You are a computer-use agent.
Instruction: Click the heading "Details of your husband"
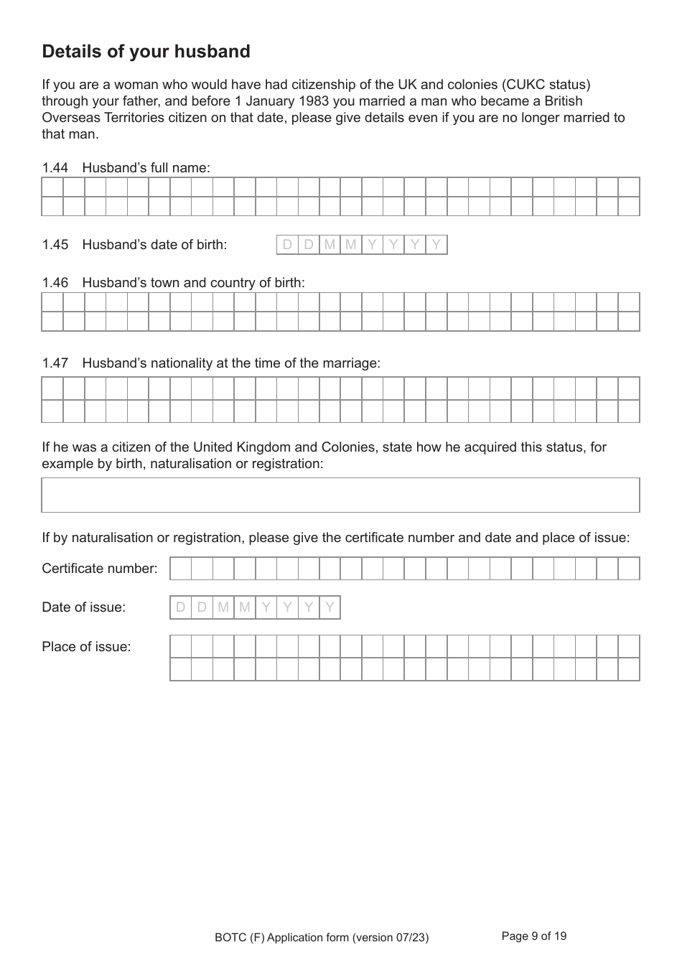[x=146, y=52]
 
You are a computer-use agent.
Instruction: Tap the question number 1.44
[x=55, y=168]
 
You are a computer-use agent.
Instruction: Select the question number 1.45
[x=55, y=245]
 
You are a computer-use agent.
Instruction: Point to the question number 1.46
[x=55, y=283]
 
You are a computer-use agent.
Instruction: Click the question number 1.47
[x=55, y=363]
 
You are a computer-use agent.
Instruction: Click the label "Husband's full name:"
[x=146, y=168]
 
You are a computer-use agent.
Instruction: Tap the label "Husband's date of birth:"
[x=154, y=245]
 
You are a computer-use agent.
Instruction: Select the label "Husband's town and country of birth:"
[x=194, y=283]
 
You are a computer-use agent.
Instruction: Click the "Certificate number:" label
[x=100, y=569]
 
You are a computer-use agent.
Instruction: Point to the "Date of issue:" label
[x=83, y=607]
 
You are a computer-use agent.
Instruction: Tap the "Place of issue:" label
[x=86, y=647]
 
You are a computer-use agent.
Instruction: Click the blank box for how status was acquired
[x=340, y=495]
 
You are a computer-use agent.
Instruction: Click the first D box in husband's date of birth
[x=287, y=245]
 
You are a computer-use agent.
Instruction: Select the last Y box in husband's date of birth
[x=436, y=245]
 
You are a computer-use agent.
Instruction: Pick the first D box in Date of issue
[x=181, y=607]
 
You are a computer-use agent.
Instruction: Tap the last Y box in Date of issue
[x=330, y=607]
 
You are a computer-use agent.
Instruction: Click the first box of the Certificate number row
[x=181, y=569]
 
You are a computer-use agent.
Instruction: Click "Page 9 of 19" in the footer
[x=533, y=936]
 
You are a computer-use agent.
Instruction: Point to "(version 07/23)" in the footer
[x=390, y=937]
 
